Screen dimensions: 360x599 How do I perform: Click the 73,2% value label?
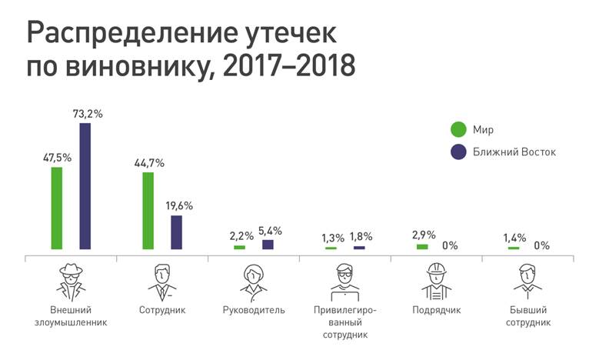(85, 114)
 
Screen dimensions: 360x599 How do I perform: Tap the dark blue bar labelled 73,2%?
(85, 185)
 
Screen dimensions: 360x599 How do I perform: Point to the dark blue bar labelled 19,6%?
(177, 232)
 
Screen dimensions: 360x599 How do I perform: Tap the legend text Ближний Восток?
(514, 152)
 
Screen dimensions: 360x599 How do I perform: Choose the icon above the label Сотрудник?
(162, 282)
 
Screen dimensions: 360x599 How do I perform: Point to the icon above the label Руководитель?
(253, 282)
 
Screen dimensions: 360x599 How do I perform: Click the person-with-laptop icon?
(344, 282)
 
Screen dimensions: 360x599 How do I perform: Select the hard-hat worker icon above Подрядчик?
(436, 282)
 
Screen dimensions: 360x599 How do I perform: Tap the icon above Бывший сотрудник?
(527, 282)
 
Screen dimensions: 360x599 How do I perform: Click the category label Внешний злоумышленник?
(72, 316)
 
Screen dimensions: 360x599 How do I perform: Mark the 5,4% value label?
(268, 230)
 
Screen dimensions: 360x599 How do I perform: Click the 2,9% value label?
(422, 233)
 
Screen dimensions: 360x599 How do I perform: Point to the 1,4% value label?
(513, 238)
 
